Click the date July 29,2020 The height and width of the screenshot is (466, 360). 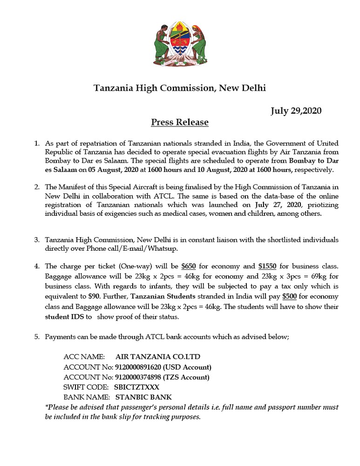click(296, 110)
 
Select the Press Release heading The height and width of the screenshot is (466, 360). click(180, 123)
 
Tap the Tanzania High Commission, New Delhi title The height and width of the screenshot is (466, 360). click(180, 88)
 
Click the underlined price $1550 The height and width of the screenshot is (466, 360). click(267, 267)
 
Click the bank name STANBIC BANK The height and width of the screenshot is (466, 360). click(143, 397)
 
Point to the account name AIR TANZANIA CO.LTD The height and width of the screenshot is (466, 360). click(158, 357)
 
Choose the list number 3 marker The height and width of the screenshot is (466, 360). click(36, 240)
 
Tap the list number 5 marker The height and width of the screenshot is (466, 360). click(36, 336)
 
